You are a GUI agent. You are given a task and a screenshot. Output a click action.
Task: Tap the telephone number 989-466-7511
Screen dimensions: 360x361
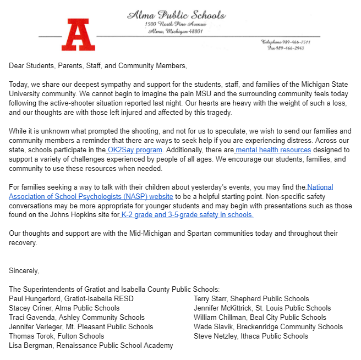click(x=287, y=42)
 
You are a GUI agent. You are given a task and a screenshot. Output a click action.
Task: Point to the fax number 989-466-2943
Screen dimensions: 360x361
click(x=288, y=48)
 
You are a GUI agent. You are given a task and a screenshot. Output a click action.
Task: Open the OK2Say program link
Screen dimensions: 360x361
click(x=135, y=149)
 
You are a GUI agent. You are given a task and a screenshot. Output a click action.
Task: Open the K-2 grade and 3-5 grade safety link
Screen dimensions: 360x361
click(x=187, y=215)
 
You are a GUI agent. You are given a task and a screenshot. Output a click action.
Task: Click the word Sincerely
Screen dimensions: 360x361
click(x=24, y=271)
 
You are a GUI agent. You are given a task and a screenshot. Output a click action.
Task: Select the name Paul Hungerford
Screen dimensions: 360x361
click(x=36, y=298)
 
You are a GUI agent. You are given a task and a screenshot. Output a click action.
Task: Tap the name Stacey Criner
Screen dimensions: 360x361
click(x=31, y=308)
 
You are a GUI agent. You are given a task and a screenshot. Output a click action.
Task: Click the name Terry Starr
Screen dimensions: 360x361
click(x=212, y=298)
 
